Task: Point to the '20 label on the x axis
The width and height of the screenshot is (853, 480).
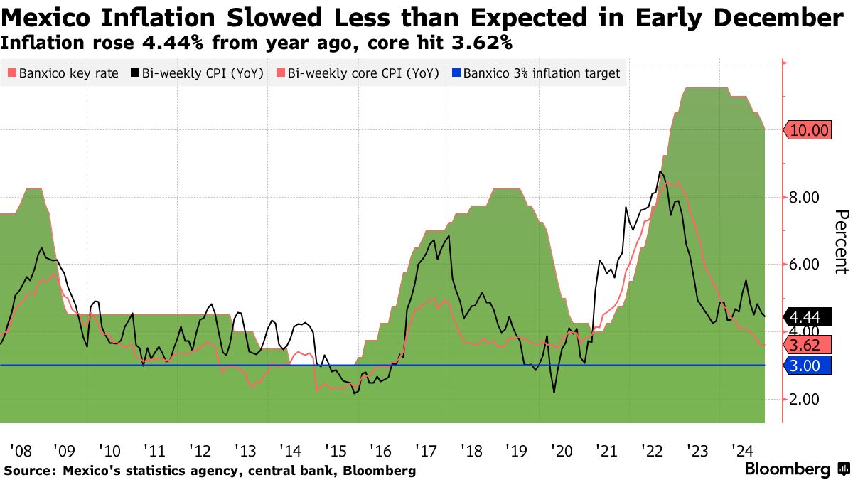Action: coord(562,451)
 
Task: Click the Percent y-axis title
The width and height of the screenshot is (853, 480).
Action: coord(841,242)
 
